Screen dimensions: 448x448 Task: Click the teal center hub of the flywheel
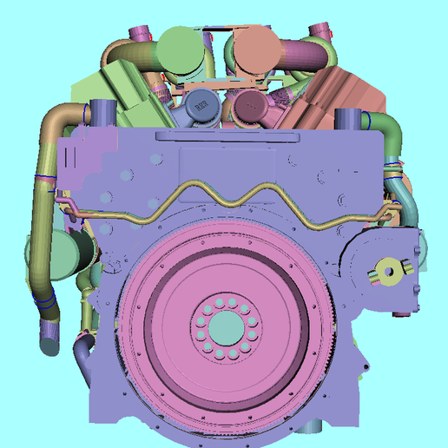point(226,327)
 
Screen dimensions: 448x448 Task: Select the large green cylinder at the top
point(182,51)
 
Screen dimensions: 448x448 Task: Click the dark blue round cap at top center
point(201,107)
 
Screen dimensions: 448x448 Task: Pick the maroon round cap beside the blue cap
point(250,109)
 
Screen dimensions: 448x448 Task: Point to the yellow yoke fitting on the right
point(390,272)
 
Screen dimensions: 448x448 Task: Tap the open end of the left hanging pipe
point(49,346)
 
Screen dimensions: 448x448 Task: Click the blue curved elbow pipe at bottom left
point(82,356)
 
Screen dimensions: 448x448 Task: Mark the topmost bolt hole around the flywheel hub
point(226,299)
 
